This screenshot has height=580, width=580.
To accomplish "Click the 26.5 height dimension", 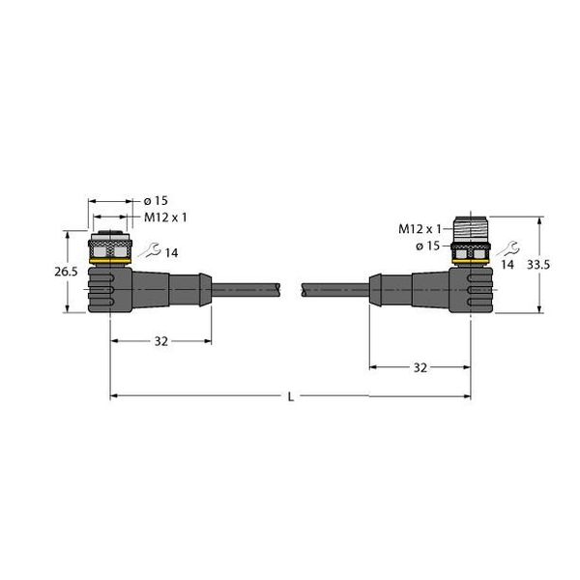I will pos(66,273).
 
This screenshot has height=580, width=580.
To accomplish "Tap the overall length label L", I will pos(292,395).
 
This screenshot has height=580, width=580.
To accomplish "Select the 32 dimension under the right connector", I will pos(420,367).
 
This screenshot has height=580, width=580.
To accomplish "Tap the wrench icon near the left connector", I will pos(146,251).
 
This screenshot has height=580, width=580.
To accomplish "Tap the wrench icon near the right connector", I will pos(504,246).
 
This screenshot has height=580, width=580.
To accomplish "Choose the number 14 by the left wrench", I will pos(171,252).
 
